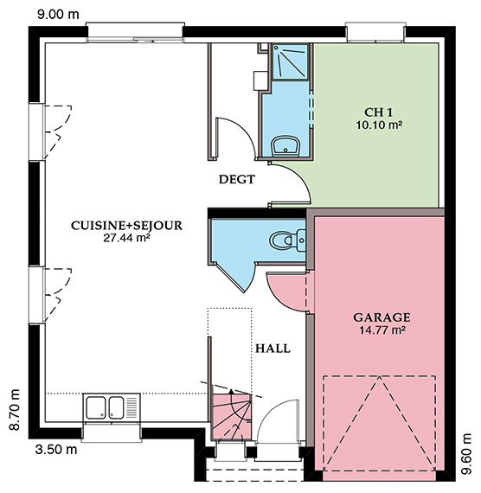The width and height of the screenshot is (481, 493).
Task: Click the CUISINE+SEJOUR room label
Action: [x=126, y=226]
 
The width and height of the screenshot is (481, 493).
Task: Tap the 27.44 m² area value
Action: [x=126, y=238]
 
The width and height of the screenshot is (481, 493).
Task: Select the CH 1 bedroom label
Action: [x=379, y=112]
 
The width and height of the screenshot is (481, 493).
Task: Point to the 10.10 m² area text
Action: [x=379, y=125]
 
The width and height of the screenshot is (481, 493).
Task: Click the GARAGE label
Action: [x=382, y=317]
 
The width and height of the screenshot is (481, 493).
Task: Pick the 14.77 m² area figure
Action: [x=382, y=330]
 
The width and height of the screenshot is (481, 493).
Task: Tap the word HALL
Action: [x=273, y=349]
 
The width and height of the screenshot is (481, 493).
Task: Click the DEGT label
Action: [x=237, y=179]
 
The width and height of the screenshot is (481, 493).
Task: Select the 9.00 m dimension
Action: [x=58, y=15]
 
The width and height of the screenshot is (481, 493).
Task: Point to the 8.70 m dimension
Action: [x=15, y=410]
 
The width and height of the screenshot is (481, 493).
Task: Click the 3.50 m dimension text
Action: [x=56, y=450]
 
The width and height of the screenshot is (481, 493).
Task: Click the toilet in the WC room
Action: [x=287, y=240]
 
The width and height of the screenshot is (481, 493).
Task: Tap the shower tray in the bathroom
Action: [x=290, y=62]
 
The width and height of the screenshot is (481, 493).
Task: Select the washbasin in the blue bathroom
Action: [x=285, y=146]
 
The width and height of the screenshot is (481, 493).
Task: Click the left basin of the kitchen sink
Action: [x=96, y=407]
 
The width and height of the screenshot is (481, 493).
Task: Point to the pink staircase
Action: [x=231, y=416]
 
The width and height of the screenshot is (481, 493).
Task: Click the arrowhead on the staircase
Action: [x=231, y=392]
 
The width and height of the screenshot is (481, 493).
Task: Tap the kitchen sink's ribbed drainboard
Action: [x=131, y=407]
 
